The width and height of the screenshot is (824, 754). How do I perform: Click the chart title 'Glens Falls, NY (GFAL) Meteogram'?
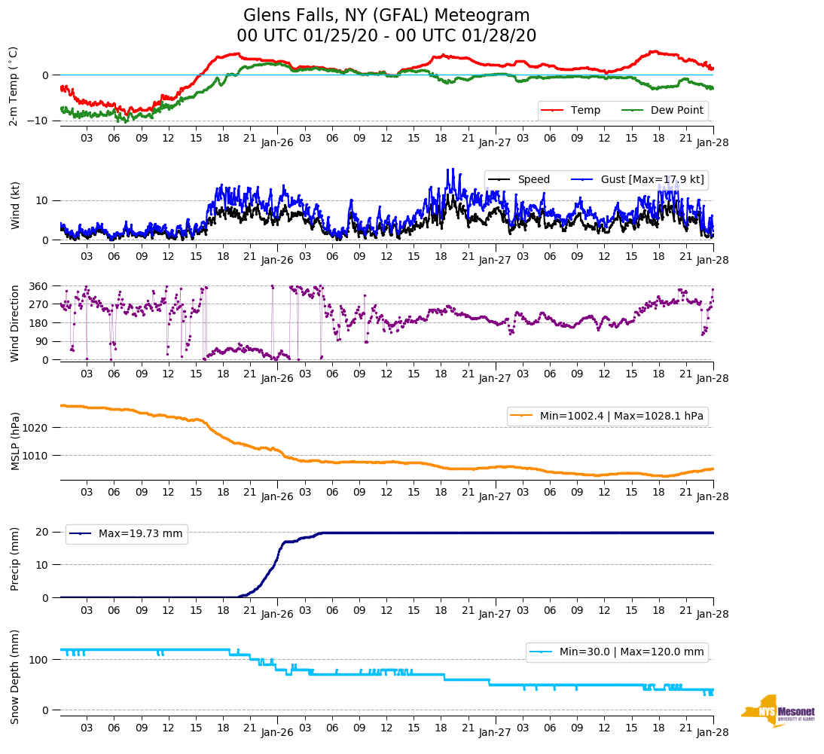point(386,16)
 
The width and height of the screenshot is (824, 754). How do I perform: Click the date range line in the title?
point(386,35)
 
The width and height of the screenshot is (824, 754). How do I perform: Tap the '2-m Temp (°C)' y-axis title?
point(13,86)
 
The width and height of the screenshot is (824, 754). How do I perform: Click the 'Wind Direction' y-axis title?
point(14,322)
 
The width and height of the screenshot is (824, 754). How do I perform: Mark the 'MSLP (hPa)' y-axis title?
point(14,441)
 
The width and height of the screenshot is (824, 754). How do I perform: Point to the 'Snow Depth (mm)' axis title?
point(14,676)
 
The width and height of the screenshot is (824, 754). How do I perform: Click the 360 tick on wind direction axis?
point(39,286)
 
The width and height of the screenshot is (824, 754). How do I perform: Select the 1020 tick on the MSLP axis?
point(36,428)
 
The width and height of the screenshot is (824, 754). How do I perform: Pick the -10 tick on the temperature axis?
point(39,121)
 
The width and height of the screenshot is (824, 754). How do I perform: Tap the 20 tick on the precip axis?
point(43,532)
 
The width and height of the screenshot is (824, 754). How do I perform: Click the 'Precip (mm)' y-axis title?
point(14,558)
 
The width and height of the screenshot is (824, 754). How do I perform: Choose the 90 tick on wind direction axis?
point(42,341)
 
